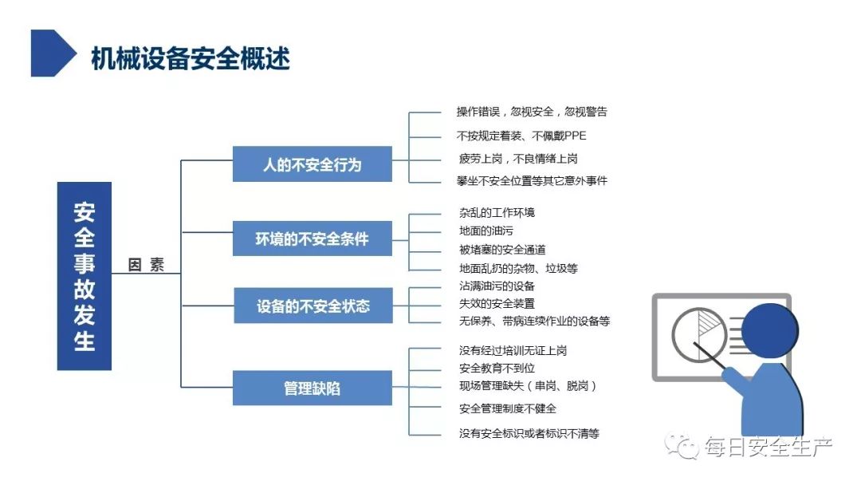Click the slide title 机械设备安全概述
click(x=190, y=58)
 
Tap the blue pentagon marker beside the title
click(x=52, y=53)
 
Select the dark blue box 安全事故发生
click(x=84, y=276)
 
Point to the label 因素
click(x=146, y=265)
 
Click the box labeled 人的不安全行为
click(x=313, y=164)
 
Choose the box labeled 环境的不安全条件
click(x=313, y=239)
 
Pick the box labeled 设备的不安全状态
click(x=313, y=306)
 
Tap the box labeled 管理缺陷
click(x=313, y=388)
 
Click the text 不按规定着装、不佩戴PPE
click(x=521, y=136)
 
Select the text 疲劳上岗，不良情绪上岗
click(x=518, y=159)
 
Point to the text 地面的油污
click(x=486, y=231)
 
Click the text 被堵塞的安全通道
click(x=502, y=250)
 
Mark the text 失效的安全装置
click(x=497, y=303)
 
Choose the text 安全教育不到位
click(x=497, y=368)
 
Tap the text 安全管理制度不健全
click(x=508, y=408)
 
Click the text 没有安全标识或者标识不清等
click(x=529, y=433)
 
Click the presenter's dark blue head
click(x=770, y=331)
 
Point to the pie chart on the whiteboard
click(x=699, y=334)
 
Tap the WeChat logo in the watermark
click(x=681, y=445)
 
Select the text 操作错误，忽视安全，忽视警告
click(x=532, y=112)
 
